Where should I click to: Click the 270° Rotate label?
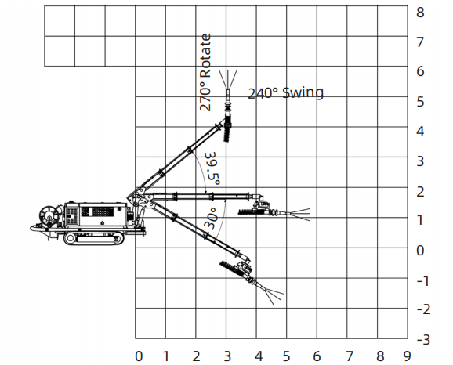[x=205, y=73]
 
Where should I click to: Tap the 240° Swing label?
[x=286, y=93]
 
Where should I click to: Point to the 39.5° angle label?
[x=213, y=168]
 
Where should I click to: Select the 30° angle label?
[x=211, y=219]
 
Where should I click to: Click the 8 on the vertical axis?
[x=420, y=13]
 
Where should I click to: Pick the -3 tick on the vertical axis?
[x=423, y=340]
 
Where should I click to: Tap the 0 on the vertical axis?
[x=420, y=251]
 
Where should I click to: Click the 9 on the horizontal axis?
[x=408, y=356]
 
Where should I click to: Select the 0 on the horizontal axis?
[x=139, y=356]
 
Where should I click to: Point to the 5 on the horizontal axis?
[x=286, y=356]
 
